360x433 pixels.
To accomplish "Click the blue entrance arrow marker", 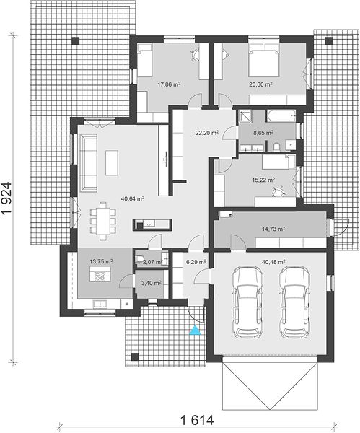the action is coord(196,331).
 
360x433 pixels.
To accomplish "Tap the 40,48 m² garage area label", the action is coord(273,262).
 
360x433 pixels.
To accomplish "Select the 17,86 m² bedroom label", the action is coord(169,84).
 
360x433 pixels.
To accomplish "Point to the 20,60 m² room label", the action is coord(260,84).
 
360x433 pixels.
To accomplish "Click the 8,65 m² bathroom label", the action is coord(263,133).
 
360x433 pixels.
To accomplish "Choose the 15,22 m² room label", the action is coord(263,180).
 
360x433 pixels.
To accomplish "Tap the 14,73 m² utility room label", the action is coord(273,229).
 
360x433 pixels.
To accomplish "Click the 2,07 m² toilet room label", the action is coord(152,262).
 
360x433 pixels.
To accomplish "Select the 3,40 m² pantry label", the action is coord(151,283).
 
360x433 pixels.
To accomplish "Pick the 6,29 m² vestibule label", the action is coord(196,262).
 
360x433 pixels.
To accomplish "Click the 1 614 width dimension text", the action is coord(197,420).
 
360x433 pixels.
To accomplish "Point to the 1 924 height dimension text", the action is coord(6,198).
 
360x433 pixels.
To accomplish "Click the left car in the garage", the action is coord(247,302).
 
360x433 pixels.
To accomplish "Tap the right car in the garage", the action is coord(294,302).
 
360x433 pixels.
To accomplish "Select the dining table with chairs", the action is coord(103,222).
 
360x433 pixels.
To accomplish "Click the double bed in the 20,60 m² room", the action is coord(263,60).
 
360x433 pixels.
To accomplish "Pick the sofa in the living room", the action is coord(89,163).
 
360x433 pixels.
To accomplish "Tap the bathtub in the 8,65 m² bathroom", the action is coord(281,115).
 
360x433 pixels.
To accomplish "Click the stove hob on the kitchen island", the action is coord(100,276).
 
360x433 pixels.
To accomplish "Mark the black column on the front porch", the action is coord(135,357).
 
